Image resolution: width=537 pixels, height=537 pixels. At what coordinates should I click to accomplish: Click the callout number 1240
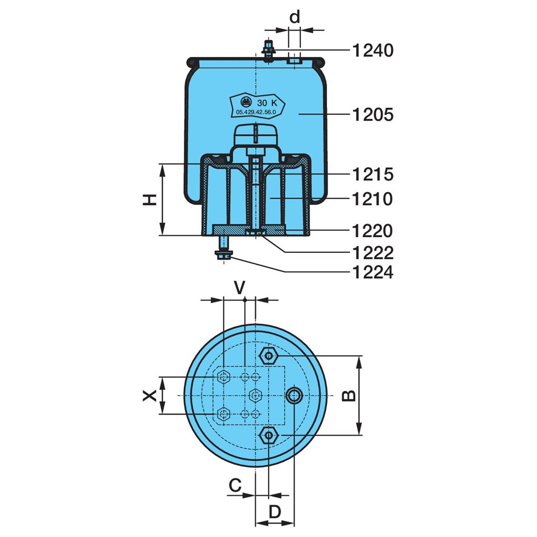coord(373,50)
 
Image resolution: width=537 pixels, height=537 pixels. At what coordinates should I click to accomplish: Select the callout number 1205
coord(373,114)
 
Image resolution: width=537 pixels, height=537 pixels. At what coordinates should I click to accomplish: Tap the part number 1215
coord(373,175)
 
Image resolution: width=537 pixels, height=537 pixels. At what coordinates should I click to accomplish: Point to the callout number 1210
coord(373,199)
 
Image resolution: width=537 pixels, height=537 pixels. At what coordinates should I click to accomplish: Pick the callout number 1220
coord(373,231)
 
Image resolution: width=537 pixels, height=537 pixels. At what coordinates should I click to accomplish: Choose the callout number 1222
coord(373,253)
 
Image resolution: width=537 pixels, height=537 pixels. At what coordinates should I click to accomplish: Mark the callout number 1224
coord(373,273)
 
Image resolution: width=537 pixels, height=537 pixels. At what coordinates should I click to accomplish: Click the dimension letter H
coord(150,199)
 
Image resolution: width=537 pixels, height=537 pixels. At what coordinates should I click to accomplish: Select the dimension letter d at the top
coord(294,17)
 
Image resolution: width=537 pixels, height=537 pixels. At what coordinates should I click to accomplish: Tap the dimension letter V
coord(240,288)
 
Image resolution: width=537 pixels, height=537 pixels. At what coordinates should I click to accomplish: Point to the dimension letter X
coord(150,396)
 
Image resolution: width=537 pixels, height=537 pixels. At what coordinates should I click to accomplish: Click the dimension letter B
coord(349,396)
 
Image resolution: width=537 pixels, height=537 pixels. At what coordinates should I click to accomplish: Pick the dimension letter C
coord(235,485)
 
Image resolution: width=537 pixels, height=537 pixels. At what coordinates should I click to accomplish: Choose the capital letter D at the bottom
coord(274,512)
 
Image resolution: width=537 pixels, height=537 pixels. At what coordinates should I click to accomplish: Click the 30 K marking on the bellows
coord(267,103)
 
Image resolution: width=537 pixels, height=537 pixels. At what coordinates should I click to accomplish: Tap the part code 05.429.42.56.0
coord(256,112)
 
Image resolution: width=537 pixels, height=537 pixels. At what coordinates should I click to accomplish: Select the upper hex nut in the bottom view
coord(269,356)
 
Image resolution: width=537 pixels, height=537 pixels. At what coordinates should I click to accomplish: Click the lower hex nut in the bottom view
coord(269,436)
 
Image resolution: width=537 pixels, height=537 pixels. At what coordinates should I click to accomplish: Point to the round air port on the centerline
coord(294,396)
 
